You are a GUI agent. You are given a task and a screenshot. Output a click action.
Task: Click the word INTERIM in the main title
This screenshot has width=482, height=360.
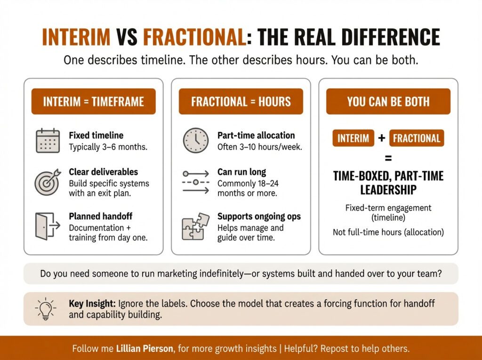pyautogui.click(x=76, y=37)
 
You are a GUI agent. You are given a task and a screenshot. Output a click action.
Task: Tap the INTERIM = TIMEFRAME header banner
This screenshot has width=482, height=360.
pyautogui.click(x=93, y=102)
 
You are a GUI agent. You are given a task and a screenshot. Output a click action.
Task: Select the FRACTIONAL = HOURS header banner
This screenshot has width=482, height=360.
pyautogui.click(x=241, y=102)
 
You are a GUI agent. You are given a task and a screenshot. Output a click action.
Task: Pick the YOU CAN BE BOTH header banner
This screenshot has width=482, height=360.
pyautogui.click(x=388, y=102)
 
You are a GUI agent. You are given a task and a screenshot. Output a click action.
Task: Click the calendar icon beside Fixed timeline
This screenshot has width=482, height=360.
pyautogui.click(x=48, y=140)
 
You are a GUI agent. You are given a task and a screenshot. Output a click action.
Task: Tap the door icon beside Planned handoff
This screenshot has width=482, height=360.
pyautogui.click(x=48, y=226)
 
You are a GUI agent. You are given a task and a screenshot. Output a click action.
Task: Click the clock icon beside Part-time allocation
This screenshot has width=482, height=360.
pyautogui.click(x=195, y=140)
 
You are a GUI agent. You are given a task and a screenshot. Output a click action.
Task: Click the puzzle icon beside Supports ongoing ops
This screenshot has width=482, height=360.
pyautogui.click(x=195, y=226)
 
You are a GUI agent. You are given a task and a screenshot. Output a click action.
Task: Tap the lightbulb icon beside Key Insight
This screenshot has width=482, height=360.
pyautogui.click(x=45, y=309)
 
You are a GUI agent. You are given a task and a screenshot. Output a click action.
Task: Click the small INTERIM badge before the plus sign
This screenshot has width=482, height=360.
pyautogui.click(x=353, y=138)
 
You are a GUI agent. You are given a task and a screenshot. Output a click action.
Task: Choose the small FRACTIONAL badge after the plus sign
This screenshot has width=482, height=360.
pyautogui.click(x=417, y=138)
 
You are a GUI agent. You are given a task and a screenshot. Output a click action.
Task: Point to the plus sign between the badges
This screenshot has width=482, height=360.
pyautogui.click(x=382, y=138)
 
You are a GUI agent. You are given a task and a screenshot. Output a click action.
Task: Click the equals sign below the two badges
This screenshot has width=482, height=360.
pyautogui.click(x=388, y=159)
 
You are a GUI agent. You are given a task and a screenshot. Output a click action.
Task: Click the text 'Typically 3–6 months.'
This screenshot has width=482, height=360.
pyautogui.click(x=108, y=147)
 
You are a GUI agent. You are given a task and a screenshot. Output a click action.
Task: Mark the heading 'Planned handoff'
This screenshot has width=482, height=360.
pyautogui.click(x=100, y=216)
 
